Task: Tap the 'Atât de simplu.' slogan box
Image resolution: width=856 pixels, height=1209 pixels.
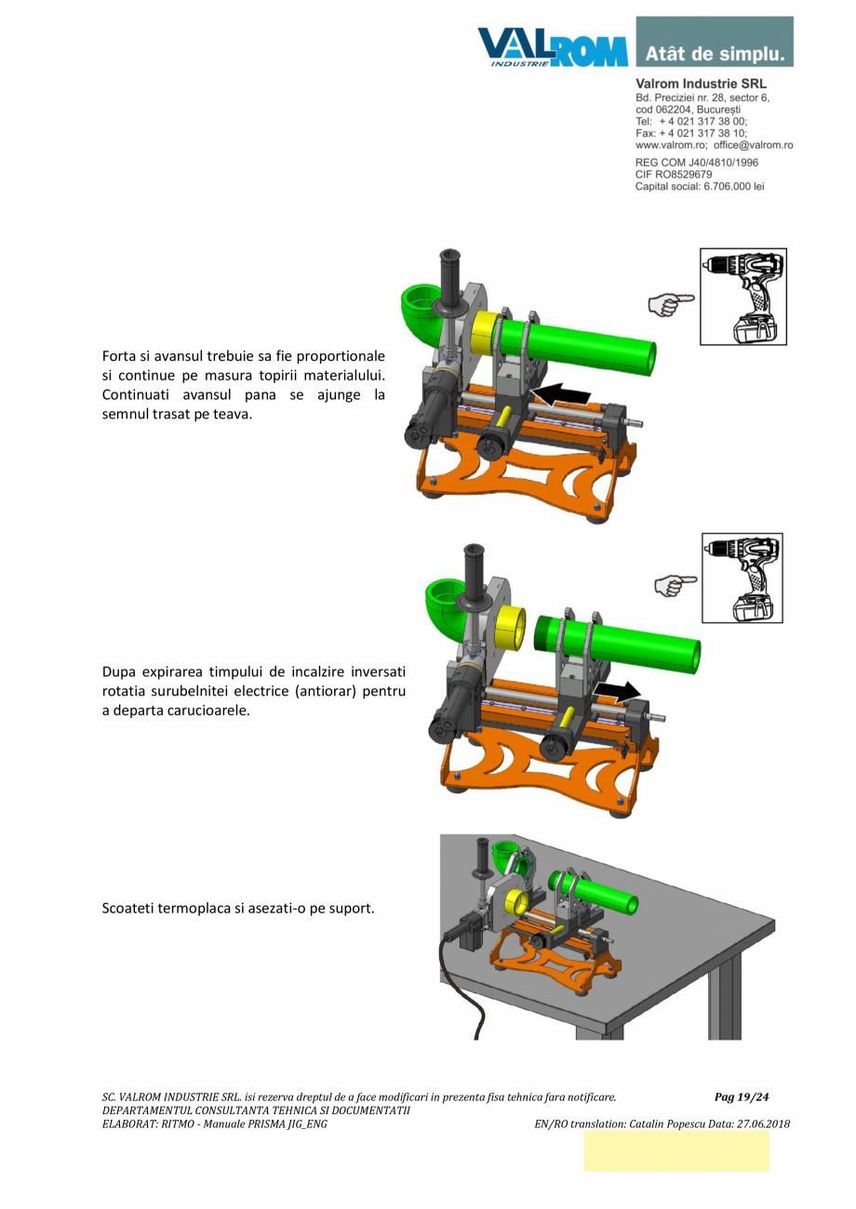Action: click(x=715, y=42)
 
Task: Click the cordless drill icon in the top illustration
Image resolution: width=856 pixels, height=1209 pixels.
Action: click(x=743, y=297)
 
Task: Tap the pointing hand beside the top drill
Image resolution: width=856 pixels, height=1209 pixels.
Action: click(x=670, y=301)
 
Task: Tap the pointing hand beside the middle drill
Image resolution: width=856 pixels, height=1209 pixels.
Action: click(x=675, y=584)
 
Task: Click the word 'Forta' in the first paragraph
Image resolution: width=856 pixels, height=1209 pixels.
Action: click(x=120, y=356)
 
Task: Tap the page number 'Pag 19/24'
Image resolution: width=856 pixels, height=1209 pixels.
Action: click(x=742, y=1097)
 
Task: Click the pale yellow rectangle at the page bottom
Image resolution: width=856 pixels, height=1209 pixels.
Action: click(x=675, y=1151)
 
